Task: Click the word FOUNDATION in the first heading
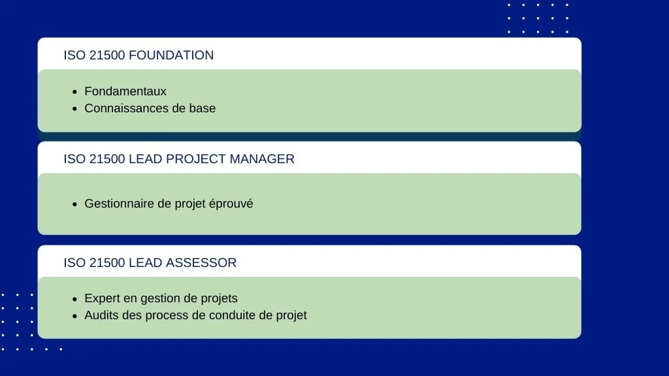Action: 171,55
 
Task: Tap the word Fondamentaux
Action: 125,91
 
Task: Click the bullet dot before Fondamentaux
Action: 75,92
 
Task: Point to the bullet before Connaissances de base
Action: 75,109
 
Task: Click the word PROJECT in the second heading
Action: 196,159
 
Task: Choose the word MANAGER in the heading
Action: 262,159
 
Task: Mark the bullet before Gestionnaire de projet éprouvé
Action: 75,204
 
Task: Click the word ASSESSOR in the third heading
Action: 201,262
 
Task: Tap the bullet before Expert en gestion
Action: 75,299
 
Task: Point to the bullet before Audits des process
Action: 75,317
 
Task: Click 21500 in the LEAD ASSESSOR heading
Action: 107,262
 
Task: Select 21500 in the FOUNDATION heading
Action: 107,55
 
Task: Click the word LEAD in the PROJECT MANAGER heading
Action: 146,159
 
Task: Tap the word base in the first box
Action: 203,108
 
